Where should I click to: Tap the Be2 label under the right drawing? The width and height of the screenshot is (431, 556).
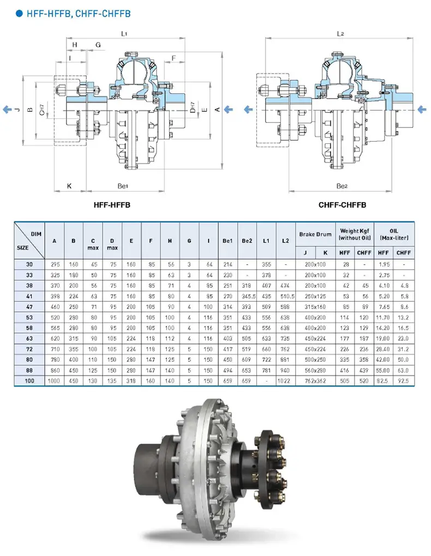coord(342,186)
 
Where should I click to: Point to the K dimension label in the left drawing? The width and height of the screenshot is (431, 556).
coord(69,186)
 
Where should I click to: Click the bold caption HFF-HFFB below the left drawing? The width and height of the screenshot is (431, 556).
coord(112,206)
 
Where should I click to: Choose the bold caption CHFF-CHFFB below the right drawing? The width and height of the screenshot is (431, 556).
coord(342,206)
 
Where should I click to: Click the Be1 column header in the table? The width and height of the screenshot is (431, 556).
coord(228,240)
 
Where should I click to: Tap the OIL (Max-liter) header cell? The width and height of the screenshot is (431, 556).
coord(394,234)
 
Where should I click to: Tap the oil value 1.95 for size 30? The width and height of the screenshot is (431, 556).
coord(384,263)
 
